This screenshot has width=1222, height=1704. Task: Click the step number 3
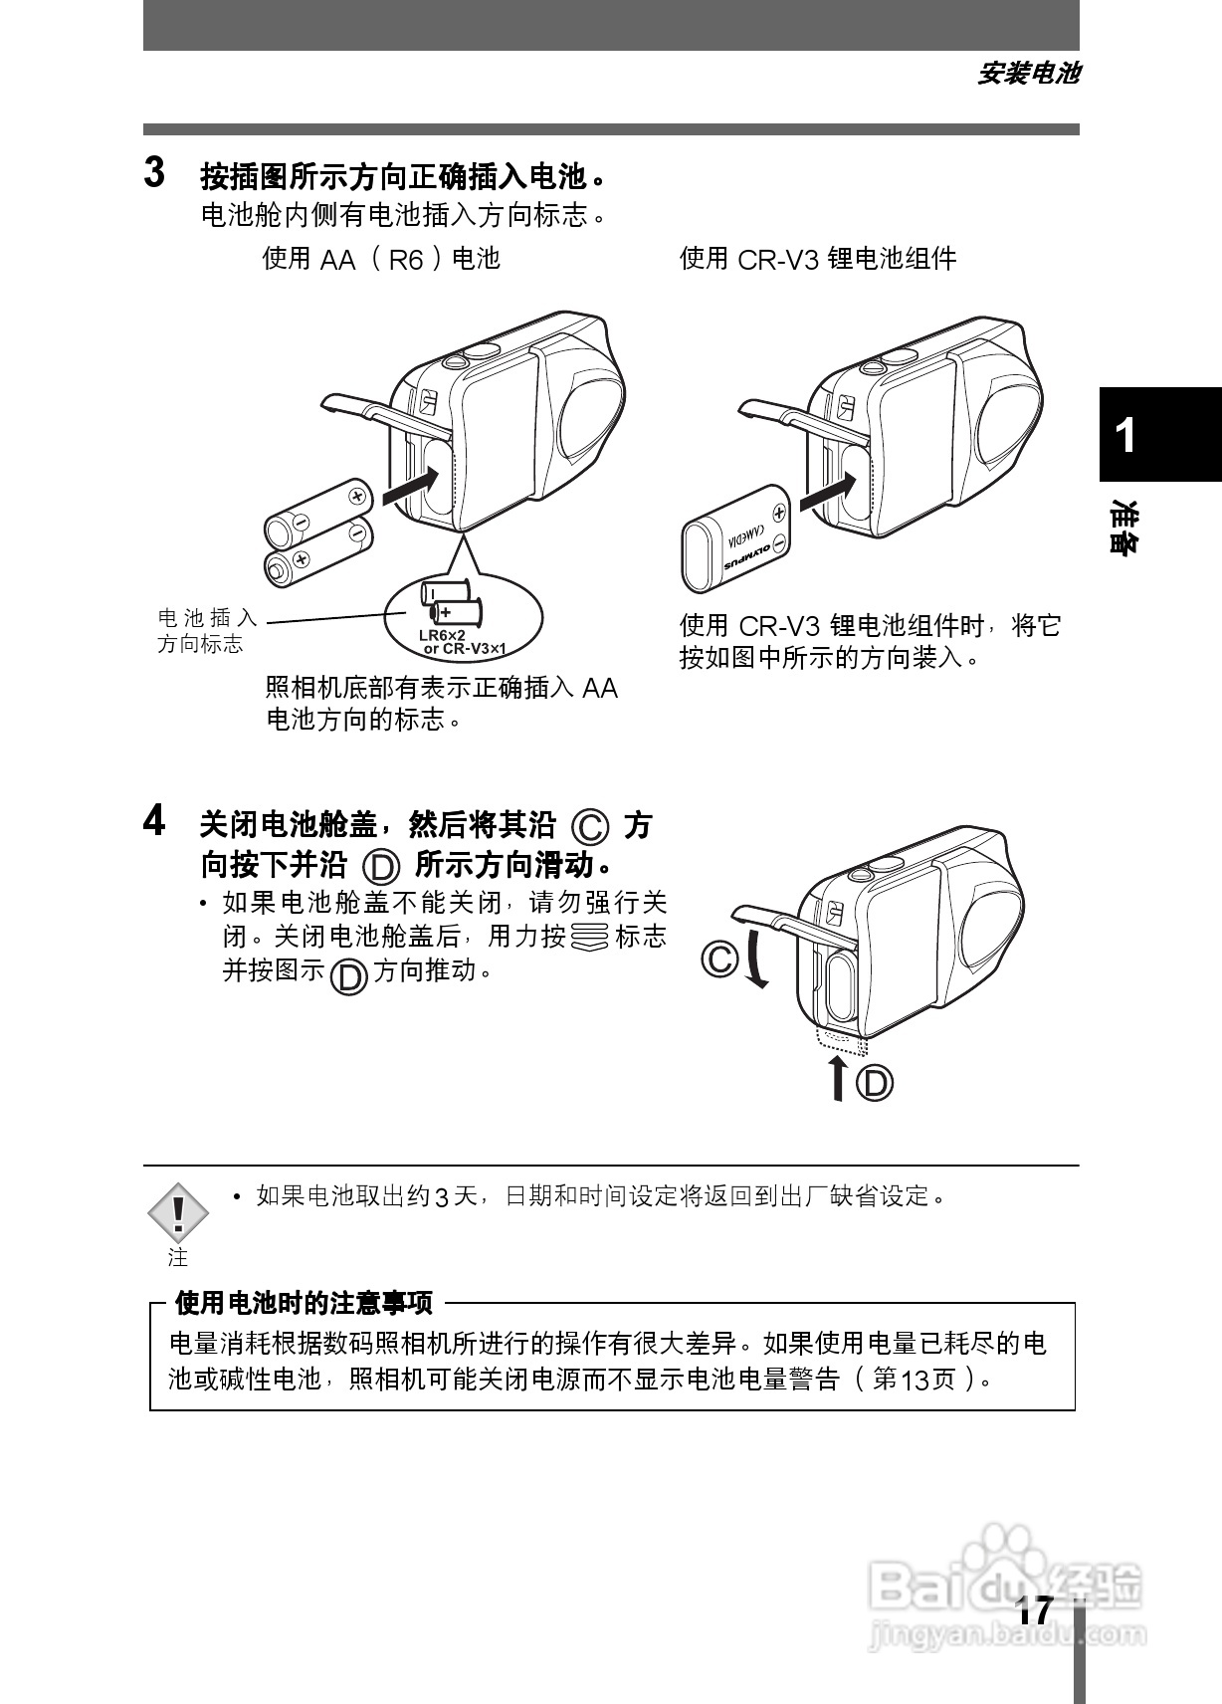(154, 173)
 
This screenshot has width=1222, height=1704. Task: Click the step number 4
(154, 822)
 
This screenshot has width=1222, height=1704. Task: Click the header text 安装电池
(1027, 74)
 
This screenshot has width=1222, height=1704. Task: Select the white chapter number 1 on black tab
(1125, 436)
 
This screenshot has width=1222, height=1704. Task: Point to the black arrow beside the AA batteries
(409, 486)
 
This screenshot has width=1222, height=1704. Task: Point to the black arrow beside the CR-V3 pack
(828, 488)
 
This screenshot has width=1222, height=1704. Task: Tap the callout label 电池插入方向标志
(207, 631)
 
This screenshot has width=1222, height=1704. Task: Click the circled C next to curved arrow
(719, 959)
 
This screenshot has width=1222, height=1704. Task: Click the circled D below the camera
(876, 1082)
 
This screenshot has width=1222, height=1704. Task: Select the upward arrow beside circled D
(838, 1079)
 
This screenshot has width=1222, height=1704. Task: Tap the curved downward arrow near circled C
(756, 959)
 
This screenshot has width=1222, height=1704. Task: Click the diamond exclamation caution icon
(178, 1212)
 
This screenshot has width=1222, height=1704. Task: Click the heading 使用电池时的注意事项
(304, 1303)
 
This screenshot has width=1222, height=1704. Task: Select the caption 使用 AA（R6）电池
(380, 259)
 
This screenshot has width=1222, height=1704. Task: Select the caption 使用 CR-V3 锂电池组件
(817, 259)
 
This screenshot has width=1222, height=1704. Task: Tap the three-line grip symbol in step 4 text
(590, 937)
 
